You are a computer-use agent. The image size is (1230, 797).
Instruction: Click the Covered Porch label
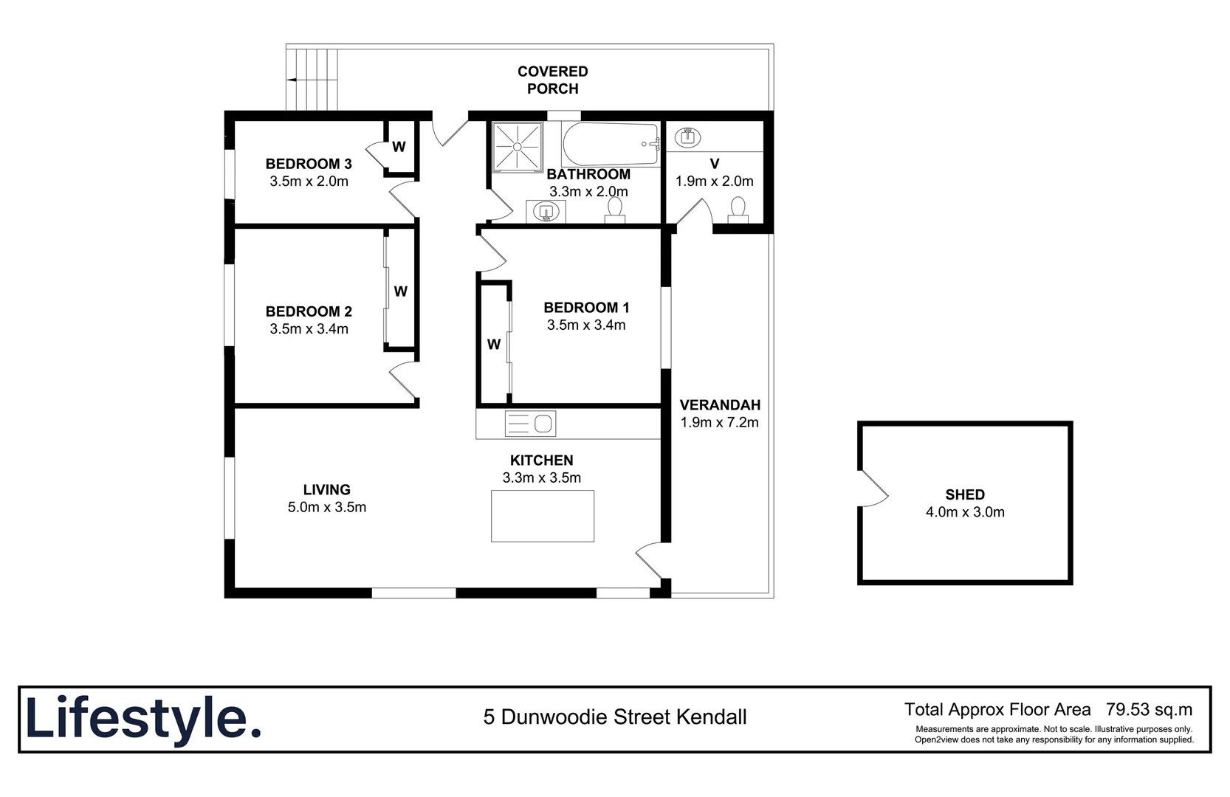pyautogui.click(x=552, y=80)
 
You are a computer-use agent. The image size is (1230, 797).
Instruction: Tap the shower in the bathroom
pyautogui.click(x=517, y=146)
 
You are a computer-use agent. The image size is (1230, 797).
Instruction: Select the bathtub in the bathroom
pyautogui.click(x=610, y=144)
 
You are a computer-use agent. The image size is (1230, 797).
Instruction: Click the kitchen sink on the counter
pyautogui.click(x=530, y=424)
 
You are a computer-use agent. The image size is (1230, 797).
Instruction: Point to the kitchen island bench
pyautogui.click(x=543, y=515)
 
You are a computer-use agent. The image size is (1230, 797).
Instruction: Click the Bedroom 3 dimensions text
pyautogui.click(x=309, y=182)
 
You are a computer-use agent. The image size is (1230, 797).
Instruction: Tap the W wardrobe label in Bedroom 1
pyautogui.click(x=494, y=344)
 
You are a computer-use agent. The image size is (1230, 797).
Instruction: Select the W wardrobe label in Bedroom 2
pyautogui.click(x=400, y=291)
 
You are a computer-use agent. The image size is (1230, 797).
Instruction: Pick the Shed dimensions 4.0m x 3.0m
pyautogui.click(x=965, y=512)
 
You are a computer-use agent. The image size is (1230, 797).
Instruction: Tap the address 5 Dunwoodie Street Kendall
pyautogui.click(x=615, y=717)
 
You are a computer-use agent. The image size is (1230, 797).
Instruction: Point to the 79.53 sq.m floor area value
pyautogui.click(x=1149, y=710)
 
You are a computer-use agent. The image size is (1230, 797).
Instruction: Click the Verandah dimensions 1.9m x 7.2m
pyautogui.click(x=719, y=423)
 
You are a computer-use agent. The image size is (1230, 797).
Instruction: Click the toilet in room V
pyautogui.click(x=738, y=209)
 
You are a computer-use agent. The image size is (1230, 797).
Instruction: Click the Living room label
pyautogui.click(x=326, y=489)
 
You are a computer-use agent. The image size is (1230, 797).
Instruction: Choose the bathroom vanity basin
pyautogui.click(x=546, y=212)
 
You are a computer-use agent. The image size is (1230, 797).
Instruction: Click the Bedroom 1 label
pyautogui.click(x=586, y=308)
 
